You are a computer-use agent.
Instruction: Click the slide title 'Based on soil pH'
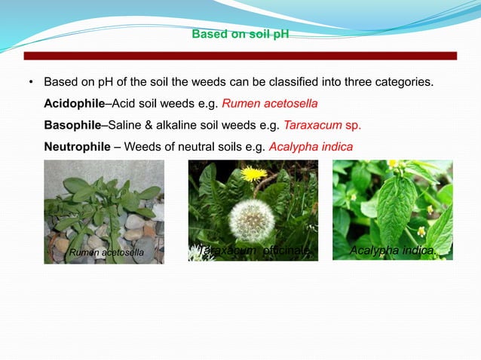coord(240,35)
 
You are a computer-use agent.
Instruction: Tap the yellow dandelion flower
coord(254,174)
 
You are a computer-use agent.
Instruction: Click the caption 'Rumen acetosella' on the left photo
coord(106,252)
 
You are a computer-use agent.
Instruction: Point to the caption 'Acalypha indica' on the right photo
coord(393,249)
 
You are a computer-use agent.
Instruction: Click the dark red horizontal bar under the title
coord(240,56)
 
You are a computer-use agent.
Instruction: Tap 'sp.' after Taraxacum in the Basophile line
coord(362,124)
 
